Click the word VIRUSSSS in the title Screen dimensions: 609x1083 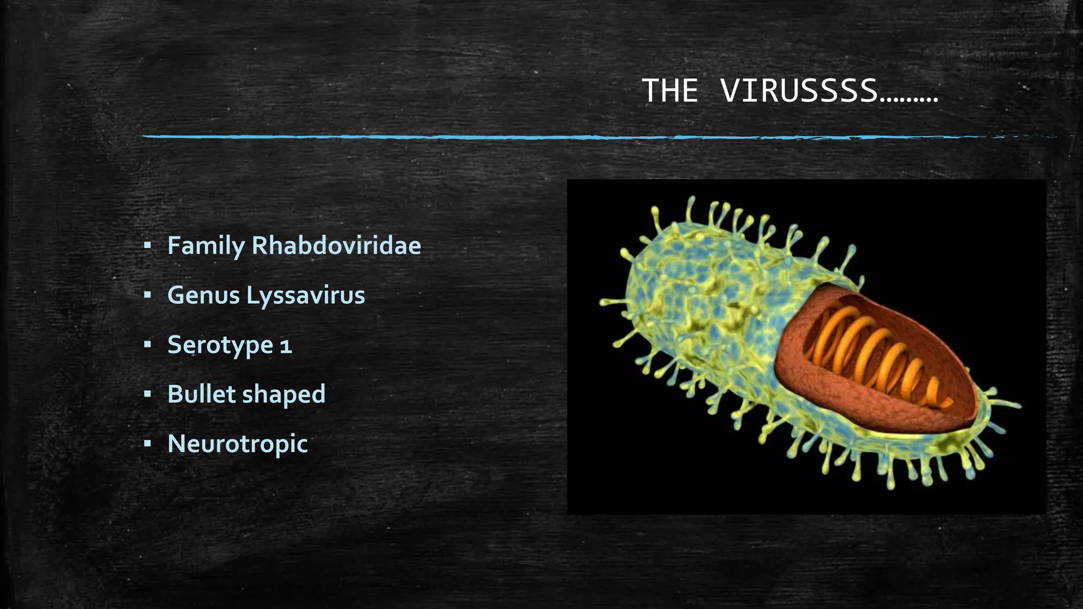pos(799,90)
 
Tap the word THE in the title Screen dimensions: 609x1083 pos(670,90)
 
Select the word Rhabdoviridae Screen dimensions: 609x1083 pos(336,245)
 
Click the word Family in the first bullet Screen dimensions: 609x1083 pos(206,245)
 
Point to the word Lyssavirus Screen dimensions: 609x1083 pos(306,295)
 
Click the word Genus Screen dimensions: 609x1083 pos(204,295)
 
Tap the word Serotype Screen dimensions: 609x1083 pos(220,345)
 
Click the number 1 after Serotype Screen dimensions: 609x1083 pos(286,346)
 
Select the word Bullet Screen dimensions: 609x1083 pos(201,394)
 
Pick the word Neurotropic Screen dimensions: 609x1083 pos(237,443)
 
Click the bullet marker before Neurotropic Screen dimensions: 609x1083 pos(148,443)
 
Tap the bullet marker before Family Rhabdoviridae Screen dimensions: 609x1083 pos(148,245)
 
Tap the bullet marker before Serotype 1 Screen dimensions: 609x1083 pos(148,345)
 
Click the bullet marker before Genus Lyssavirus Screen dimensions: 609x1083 pos(148,295)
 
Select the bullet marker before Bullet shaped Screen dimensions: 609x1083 pos(148,394)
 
